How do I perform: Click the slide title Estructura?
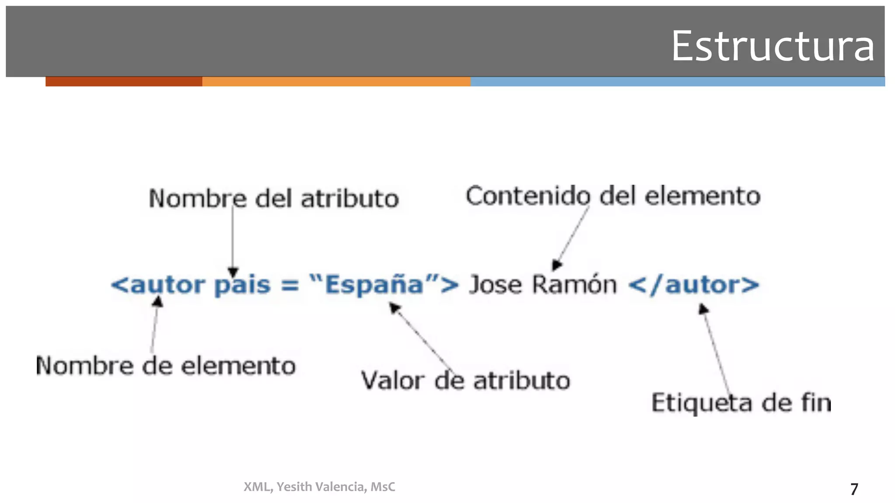pyautogui.click(x=772, y=46)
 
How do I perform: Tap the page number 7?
pyautogui.click(x=854, y=489)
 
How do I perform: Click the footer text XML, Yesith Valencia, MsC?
pyautogui.click(x=319, y=487)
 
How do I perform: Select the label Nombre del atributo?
pyautogui.click(x=274, y=199)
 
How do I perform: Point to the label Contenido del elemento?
pyautogui.click(x=613, y=196)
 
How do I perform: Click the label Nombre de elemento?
pyautogui.click(x=166, y=365)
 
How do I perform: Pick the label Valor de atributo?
pyautogui.click(x=465, y=380)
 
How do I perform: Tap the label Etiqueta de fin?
pyautogui.click(x=741, y=403)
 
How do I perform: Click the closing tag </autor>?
pyautogui.click(x=694, y=285)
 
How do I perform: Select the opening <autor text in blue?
pyautogui.click(x=158, y=285)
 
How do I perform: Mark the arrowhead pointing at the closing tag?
pyautogui.click(x=703, y=309)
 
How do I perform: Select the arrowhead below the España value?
pyautogui.click(x=394, y=308)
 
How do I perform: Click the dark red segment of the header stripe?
pyautogui.click(x=124, y=82)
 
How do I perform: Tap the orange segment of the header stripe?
pyautogui.click(x=336, y=82)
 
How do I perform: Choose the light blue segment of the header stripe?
pyautogui.click(x=677, y=82)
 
